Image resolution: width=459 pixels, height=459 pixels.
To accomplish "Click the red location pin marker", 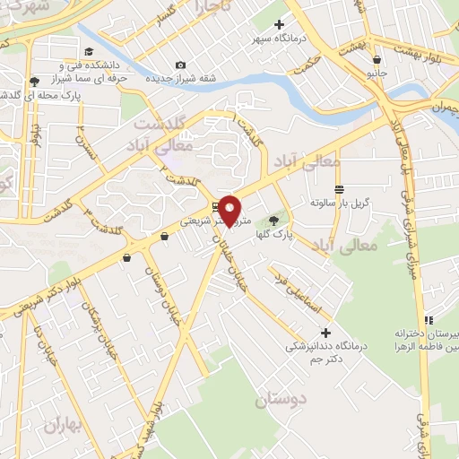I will [x=230, y=210].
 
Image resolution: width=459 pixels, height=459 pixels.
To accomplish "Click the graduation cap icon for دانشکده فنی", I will [x=88, y=51].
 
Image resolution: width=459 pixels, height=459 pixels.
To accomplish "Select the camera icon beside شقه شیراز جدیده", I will [x=181, y=65].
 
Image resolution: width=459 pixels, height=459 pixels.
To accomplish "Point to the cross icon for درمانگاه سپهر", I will [x=279, y=24].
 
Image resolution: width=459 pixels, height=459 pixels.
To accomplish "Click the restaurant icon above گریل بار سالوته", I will [x=339, y=189].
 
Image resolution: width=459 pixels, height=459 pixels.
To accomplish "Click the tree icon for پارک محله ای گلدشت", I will [x=34, y=81].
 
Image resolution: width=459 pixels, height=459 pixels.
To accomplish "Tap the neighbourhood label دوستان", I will [x=280, y=400].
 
